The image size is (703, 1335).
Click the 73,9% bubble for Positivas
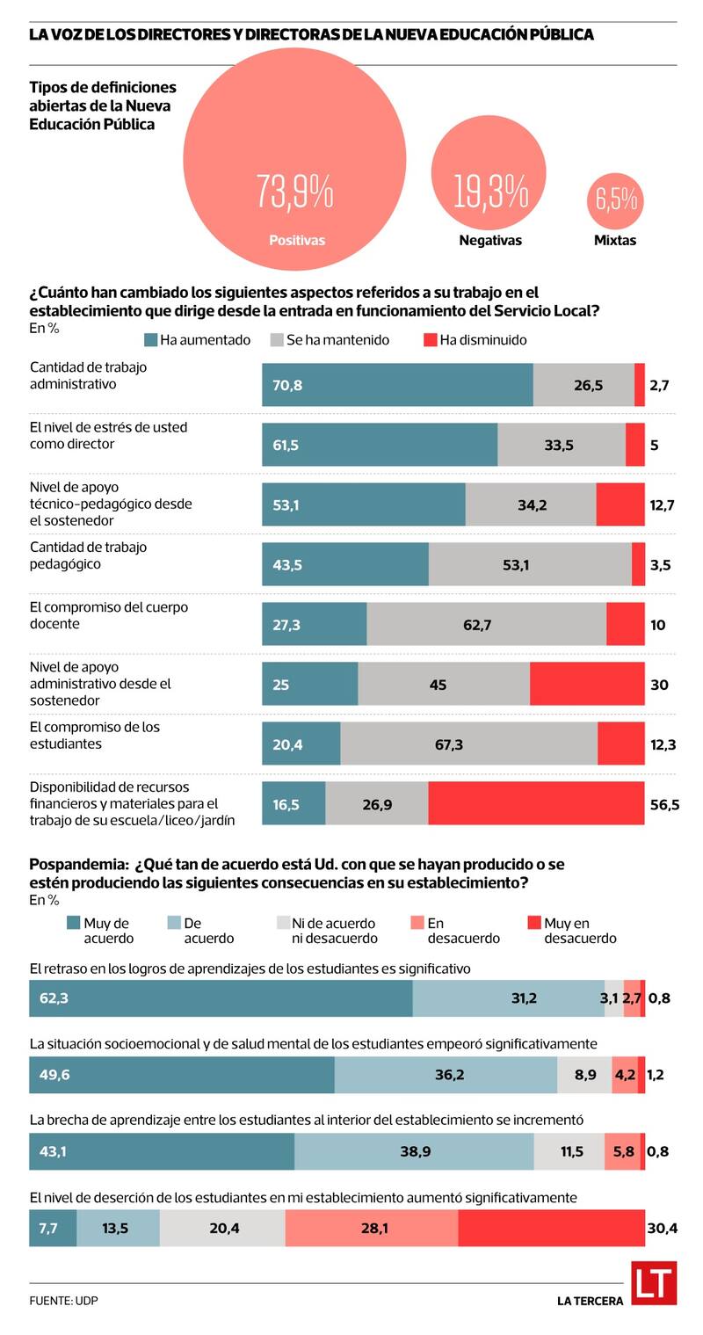[294, 159]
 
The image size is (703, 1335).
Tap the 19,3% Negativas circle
[489, 172]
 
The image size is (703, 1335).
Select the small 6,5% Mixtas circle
[615, 200]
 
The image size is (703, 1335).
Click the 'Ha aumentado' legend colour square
[150, 340]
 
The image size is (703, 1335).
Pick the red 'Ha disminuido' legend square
[430, 340]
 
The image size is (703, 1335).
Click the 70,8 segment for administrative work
[397, 385]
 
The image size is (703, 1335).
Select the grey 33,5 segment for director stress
[562, 445]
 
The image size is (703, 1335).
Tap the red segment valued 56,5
[536, 803]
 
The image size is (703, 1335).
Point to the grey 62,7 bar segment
[486, 624]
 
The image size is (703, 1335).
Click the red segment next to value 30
[587, 684]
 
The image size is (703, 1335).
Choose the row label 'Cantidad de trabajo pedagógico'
[88, 555]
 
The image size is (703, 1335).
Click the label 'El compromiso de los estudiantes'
[95, 736]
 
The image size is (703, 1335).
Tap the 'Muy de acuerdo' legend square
[74, 923]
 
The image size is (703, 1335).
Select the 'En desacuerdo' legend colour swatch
[417, 923]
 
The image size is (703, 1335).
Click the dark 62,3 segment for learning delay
[221, 998]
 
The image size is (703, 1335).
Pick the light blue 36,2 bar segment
[446, 1075]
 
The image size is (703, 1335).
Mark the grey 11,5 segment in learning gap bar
[569, 1151]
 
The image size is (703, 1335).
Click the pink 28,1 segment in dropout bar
[372, 1228]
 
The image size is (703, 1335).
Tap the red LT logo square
[653, 1284]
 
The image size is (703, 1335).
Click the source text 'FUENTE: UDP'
[63, 1301]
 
